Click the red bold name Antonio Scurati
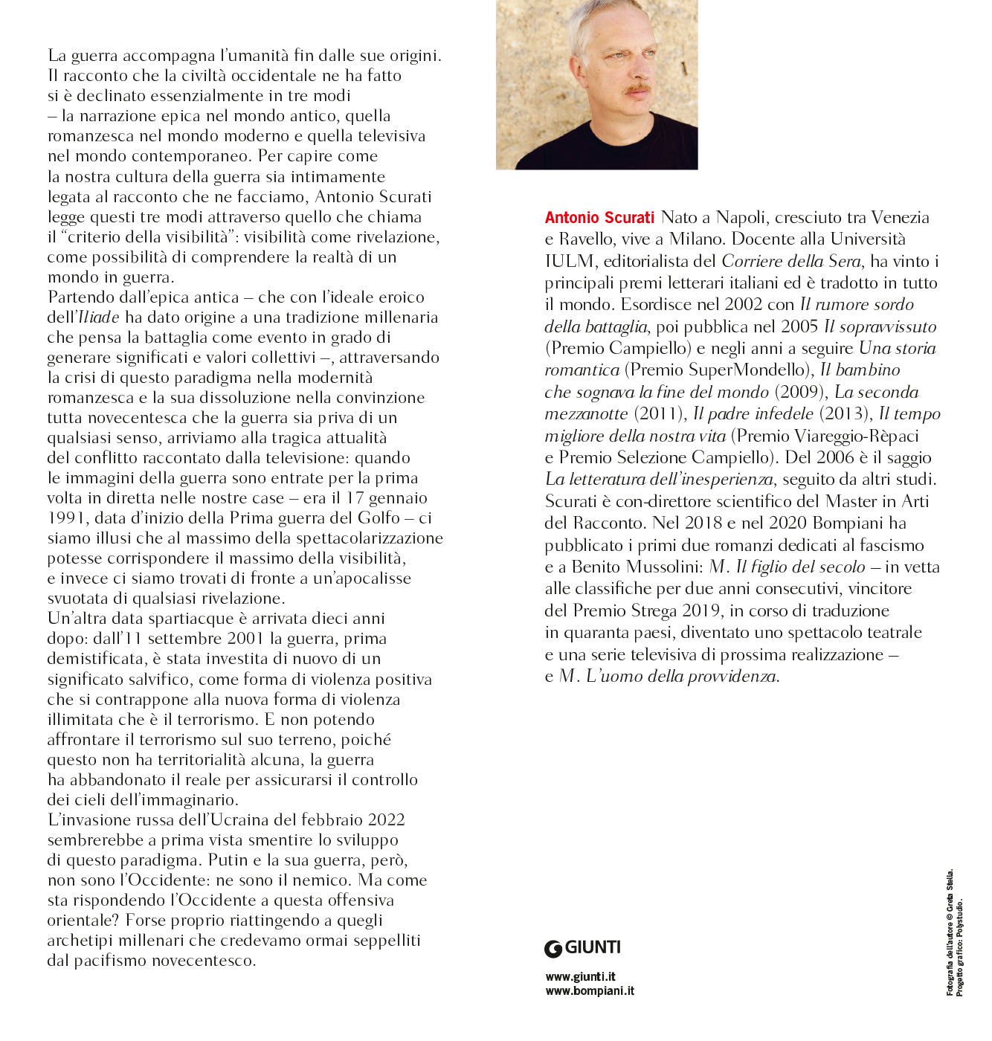[x=599, y=217]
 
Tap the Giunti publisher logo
[x=582, y=948]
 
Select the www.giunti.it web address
[x=580, y=976]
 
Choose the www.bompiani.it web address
[x=590, y=990]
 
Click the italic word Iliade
[x=99, y=317]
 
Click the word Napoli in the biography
[x=740, y=217]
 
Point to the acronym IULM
[x=570, y=261]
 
